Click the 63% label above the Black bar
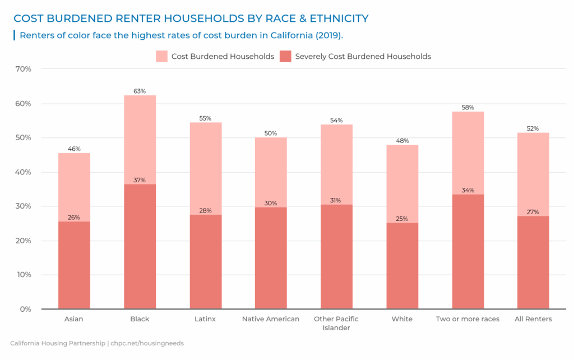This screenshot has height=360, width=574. (140, 91)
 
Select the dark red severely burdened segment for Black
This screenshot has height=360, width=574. (140, 247)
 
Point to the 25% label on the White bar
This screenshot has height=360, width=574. (402, 219)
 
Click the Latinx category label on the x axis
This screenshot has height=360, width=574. (205, 319)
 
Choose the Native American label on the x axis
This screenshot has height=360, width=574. (271, 319)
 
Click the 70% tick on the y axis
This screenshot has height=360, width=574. (23, 69)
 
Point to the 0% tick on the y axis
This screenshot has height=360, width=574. (26, 309)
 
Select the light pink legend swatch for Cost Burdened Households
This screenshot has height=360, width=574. (161, 56)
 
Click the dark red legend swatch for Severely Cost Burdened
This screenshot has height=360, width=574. (285, 56)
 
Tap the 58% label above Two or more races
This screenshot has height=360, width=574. (467, 107)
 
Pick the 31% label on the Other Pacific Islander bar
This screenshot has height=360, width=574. (336, 200)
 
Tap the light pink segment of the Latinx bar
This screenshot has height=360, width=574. (205, 168)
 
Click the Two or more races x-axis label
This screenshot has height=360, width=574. (467, 319)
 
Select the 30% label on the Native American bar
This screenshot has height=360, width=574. (271, 203)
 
